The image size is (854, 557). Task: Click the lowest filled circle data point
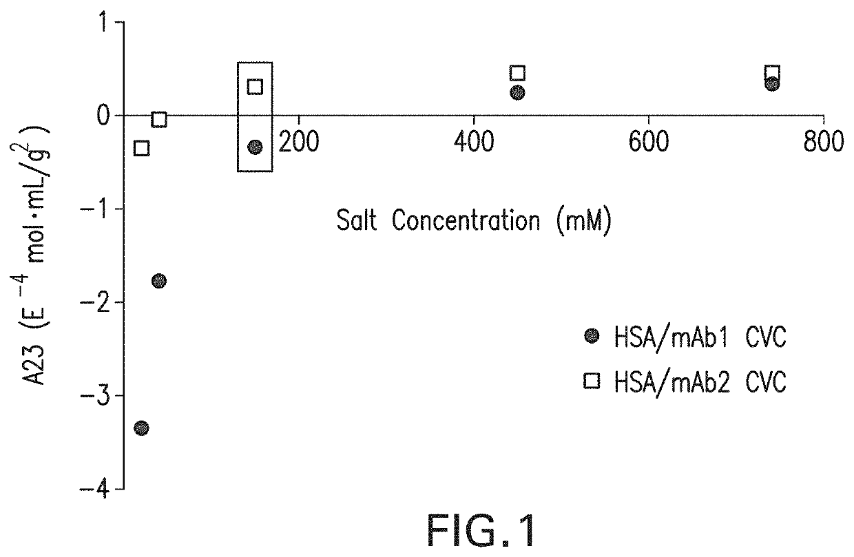[x=141, y=428]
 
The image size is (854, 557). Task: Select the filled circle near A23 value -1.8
[x=159, y=280]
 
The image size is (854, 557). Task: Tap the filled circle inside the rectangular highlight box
[x=255, y=147]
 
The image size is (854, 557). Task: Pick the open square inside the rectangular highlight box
[x=255, y=87]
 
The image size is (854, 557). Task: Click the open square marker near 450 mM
[x=517, y=73]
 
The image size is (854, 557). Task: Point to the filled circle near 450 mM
[x=517, y=92]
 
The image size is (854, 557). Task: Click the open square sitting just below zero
[x=159, y=119]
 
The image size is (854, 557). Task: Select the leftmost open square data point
[x=141, y=148]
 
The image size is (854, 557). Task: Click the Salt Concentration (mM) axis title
[x=474, y=222]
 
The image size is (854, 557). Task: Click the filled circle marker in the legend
[x=591, y=337]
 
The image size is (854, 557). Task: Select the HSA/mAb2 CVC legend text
[x=698, y=381]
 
